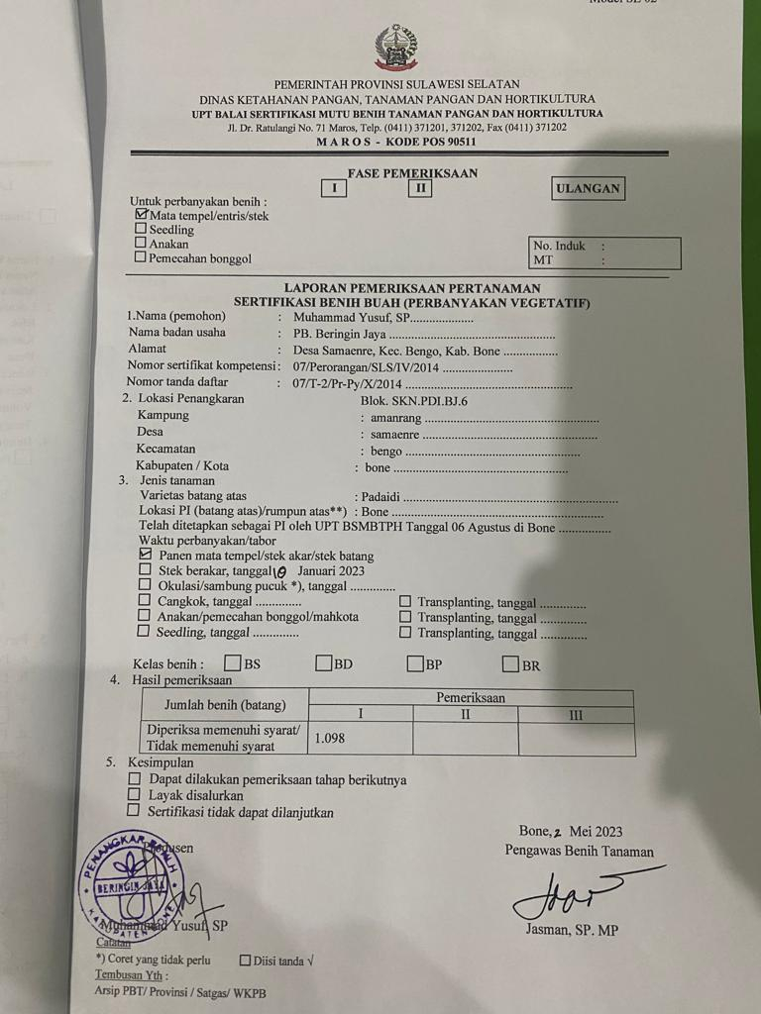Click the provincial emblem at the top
click(x=395, y=48)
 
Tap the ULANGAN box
click(x=588, y=188)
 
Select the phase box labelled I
click(x=335, y=188)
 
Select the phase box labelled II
click(x=419, y=188)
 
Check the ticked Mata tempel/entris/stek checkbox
click(x=141, y=214)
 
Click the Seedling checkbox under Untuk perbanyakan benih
click(x=141, y=229)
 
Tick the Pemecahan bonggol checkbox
click(x=141, y=257)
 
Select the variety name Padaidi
click(x=381, y=496)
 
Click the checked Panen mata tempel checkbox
click(x=146, y=556)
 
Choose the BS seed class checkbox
click(x=233, y=663)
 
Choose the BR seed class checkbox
click(x=511, y=663)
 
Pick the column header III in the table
click(x=576, y=714)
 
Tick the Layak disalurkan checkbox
click(x=135, y=795)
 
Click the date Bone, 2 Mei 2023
click(x=571, y=831)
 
